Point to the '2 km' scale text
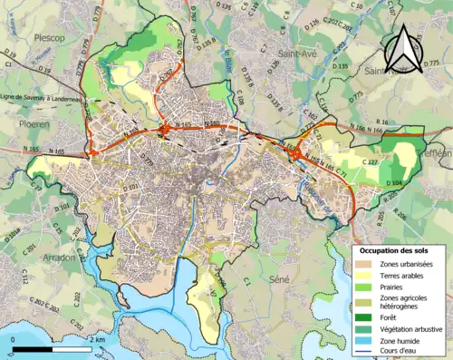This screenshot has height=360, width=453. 98,340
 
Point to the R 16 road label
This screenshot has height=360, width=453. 380,121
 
